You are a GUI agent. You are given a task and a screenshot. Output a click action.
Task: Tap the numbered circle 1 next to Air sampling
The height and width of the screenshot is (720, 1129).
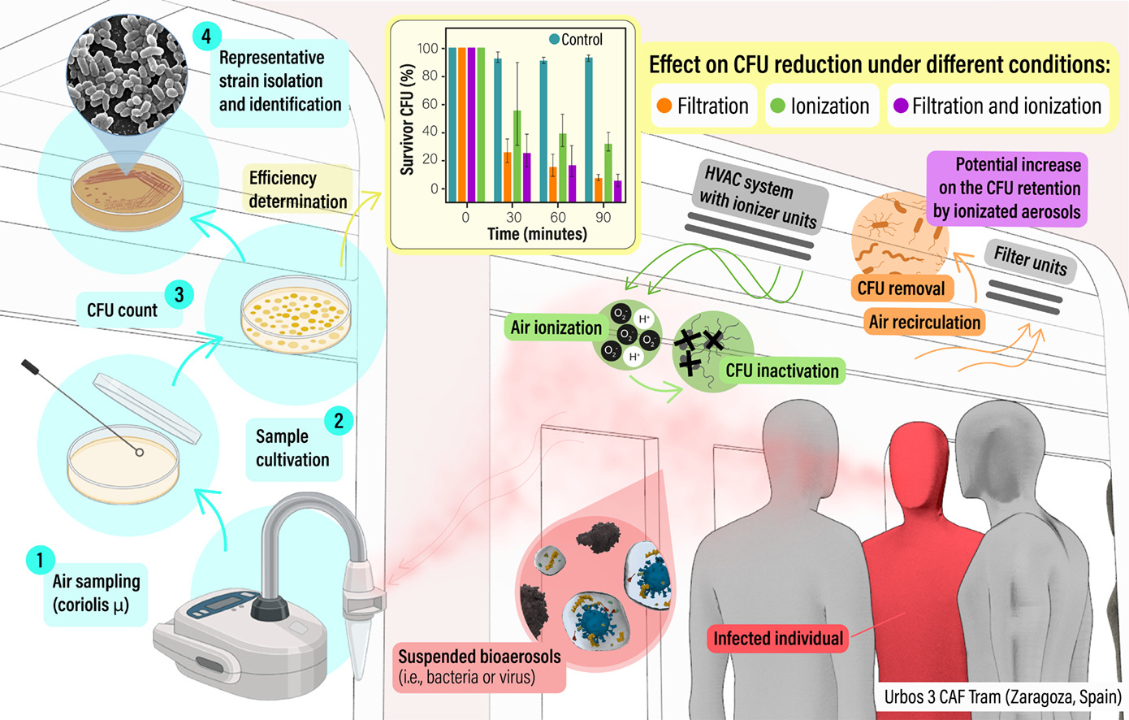click(x=39, y=560)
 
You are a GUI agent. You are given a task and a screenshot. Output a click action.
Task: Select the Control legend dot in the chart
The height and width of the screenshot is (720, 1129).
click(x=555, y=39)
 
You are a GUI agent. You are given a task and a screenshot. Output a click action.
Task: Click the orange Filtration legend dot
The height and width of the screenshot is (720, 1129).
click(x=664, y=106)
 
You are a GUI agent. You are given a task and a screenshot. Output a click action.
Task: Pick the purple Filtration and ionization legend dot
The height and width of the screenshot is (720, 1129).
click(x=900, y=106)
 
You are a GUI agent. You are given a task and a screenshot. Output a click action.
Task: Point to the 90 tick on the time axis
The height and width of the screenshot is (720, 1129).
click(x=603, y=217)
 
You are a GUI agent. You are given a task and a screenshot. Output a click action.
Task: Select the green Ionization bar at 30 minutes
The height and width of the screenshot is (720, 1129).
click(x=517, y=154)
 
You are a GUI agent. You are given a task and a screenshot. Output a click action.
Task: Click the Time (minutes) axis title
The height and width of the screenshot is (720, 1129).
click(x=537, y=234)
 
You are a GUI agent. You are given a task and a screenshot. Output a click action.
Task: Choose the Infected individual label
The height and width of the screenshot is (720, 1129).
click(x=777, y=639)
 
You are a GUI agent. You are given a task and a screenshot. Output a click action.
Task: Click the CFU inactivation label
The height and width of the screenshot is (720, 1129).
click(x=781, y=371)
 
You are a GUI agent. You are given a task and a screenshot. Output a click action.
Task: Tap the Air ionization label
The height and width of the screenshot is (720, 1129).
click(x=556, y=328)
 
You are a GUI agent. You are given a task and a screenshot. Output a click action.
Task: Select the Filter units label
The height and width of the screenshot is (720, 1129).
click(x=1030, y=261)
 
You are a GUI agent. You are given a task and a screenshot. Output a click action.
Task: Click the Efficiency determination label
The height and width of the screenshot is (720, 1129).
click(x=297, y=189)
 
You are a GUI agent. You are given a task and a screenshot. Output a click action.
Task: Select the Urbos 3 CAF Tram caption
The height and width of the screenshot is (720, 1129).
click(x=1002, y=697)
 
